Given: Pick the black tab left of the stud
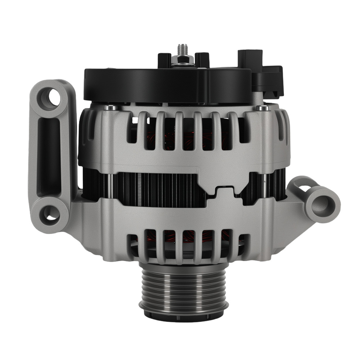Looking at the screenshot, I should pos(165,60).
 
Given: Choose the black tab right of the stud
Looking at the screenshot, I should pos(202,59).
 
